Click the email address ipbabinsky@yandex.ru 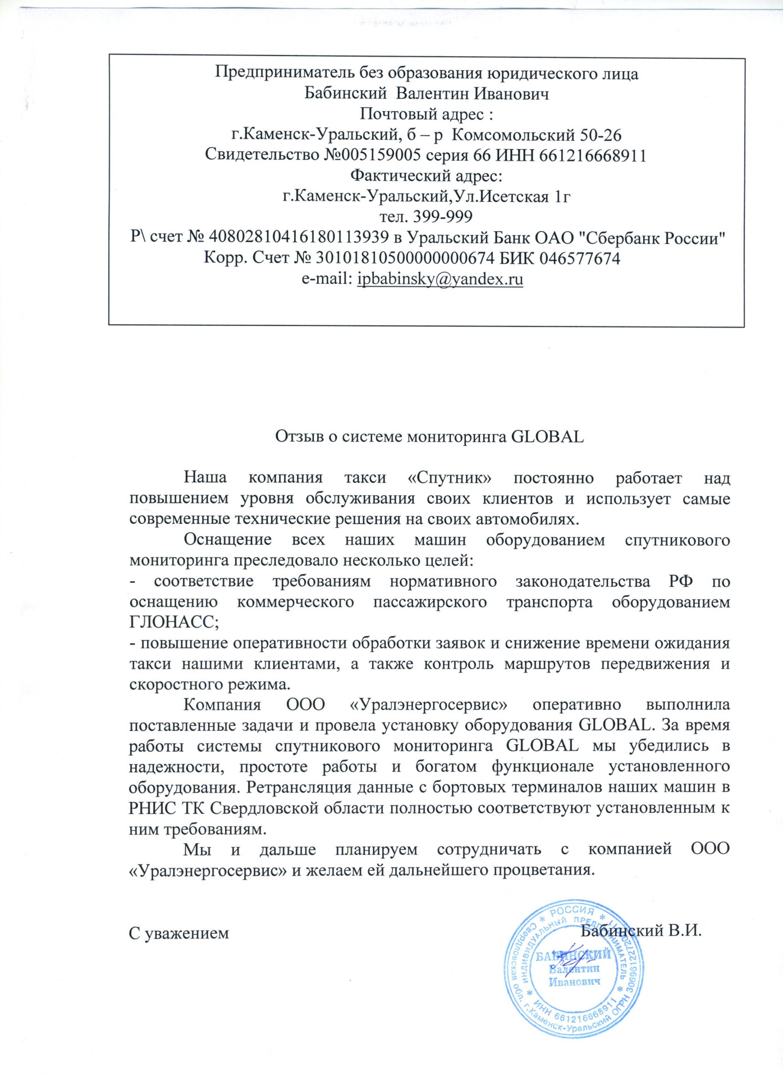440,279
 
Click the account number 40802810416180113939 298,237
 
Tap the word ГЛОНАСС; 174,622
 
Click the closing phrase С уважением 179,933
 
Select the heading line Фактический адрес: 427,176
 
